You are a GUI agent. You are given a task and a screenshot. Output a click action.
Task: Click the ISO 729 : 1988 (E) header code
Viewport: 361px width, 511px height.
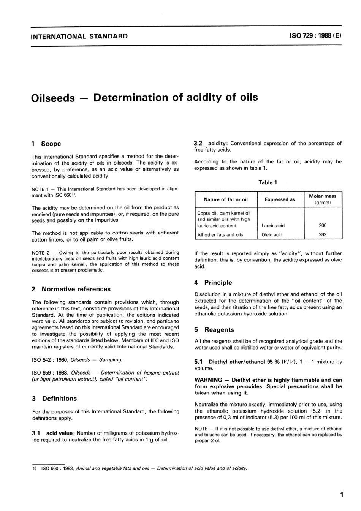point(315,36)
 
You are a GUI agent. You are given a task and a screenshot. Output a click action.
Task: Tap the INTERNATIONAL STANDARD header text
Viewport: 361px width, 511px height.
point(79,36)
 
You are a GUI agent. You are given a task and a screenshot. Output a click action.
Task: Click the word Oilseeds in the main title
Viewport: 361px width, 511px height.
point(53,98)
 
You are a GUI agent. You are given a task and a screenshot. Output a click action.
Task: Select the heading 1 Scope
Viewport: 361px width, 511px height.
point(46,144)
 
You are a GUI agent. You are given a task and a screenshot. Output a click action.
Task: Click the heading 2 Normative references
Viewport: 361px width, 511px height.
point(71,289)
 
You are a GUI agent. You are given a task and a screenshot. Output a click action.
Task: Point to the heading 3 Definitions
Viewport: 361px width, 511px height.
point(54,399)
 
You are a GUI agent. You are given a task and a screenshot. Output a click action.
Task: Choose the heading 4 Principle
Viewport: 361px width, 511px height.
point(213,282)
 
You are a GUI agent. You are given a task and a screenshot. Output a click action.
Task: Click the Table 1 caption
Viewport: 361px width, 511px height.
point(268,182)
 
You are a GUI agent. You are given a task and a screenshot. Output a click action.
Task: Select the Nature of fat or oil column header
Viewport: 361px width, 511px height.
point(225,199)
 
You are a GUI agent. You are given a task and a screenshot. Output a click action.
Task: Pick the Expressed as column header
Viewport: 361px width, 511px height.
point(280,199)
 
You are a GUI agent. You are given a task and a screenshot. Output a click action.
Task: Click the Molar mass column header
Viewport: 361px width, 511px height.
point(323,196)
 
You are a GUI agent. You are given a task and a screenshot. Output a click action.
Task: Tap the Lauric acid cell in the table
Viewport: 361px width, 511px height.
point(273,225)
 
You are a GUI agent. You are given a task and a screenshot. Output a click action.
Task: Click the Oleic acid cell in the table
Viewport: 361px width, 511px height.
point(272,235)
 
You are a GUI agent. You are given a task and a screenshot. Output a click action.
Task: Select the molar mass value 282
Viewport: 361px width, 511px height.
point(323,235)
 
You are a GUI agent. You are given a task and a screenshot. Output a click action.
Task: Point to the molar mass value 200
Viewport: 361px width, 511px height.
point(323,225)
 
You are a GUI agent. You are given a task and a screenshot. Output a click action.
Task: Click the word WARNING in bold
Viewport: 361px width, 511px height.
point(208,380)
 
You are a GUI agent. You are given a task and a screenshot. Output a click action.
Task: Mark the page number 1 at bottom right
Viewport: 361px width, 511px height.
point(342,495)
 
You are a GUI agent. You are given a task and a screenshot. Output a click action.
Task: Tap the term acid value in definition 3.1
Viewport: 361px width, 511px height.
point(59,433)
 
